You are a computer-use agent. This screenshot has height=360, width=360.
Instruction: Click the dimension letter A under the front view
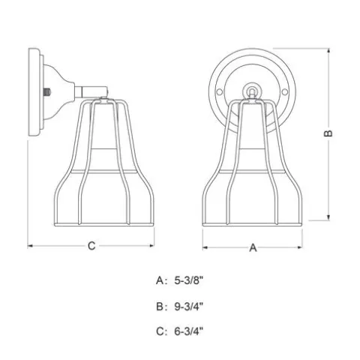coord(253,247)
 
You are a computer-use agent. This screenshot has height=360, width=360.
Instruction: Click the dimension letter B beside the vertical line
coord(328,133)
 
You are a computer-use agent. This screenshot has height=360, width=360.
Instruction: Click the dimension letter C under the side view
coord(91,246)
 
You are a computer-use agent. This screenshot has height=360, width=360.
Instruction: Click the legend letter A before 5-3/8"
coord(160,280)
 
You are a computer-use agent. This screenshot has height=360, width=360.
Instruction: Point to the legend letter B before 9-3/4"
coord(160,306)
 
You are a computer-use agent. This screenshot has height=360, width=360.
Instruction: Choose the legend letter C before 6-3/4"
coord(160,331)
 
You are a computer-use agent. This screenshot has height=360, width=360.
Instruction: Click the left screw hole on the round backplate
coord(219,92)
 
